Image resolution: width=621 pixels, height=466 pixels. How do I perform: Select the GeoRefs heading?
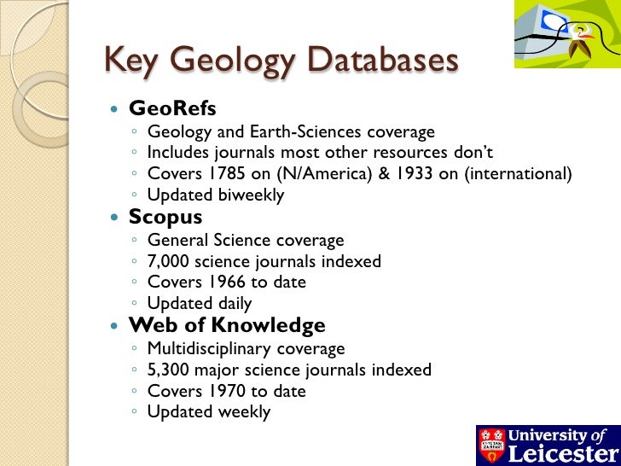pyautogui.click(x=172, y=109)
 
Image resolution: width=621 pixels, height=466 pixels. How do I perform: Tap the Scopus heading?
pyautogui.click(x=165, y=218)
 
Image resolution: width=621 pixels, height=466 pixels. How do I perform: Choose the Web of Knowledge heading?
pyautogui.click(x=227, y=326)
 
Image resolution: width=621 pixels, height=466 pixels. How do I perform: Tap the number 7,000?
pyautogui.click(x=170, y=261)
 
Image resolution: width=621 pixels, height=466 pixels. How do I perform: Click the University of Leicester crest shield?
pyautogui.click(x=491, y=444)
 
